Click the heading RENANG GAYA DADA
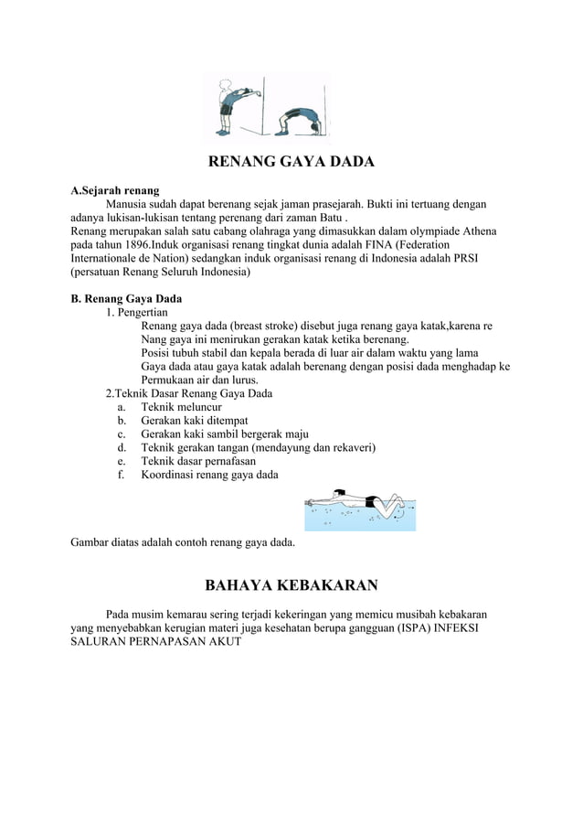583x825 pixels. pos(291,163)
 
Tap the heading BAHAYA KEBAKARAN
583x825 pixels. pos(291,584)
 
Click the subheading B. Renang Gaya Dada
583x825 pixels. pos(126,298)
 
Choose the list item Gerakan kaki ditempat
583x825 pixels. pos(194,420)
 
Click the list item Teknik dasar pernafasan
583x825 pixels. pos(198,461)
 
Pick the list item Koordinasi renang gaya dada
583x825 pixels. pos(209,475)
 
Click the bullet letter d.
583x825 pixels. pos(121,447)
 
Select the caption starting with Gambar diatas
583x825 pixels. pos(183,542)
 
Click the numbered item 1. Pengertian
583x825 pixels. pos(136,312)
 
